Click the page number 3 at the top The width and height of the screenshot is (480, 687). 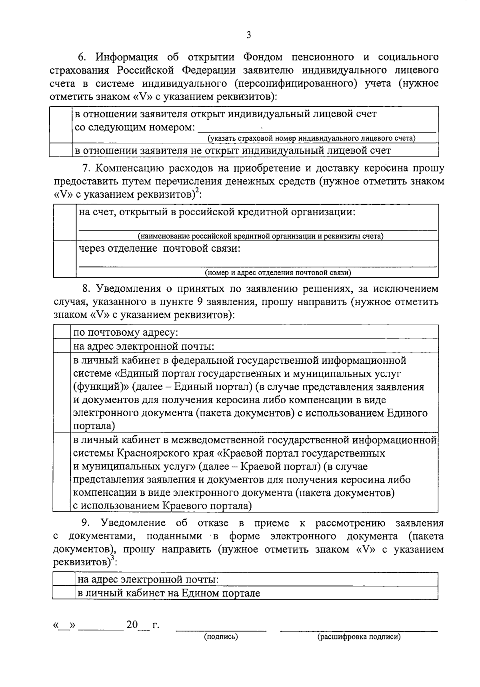tap(248, 35)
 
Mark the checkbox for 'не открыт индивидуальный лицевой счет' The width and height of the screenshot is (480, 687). tap(60, 150)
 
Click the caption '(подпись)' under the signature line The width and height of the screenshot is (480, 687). tap(221, 637)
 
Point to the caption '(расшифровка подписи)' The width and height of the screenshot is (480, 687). tap(359, 637)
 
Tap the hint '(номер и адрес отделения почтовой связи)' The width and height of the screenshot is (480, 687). tap(278, 273)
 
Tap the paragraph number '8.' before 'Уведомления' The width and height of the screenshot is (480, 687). tap(86, 289)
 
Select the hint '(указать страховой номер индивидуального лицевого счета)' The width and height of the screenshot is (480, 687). tap(311, 138)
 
